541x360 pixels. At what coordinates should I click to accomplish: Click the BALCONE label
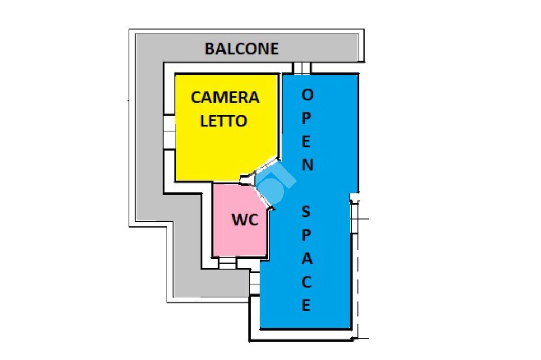[241, 49]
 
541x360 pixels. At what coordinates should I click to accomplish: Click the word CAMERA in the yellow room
[225, 98]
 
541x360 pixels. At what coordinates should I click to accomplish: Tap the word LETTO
[223, 121]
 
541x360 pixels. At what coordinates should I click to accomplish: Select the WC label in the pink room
[245, 220]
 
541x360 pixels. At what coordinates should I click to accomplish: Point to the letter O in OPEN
[307, 95]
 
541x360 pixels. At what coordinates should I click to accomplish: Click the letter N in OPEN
[307, 165]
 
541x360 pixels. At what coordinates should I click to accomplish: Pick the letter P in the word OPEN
[307, 118]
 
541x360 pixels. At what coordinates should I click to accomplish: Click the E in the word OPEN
[307, 141]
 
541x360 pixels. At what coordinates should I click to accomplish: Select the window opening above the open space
[302, 69]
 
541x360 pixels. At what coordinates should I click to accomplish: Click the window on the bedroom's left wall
[169, 132]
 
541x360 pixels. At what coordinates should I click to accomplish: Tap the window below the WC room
[227, 262]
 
